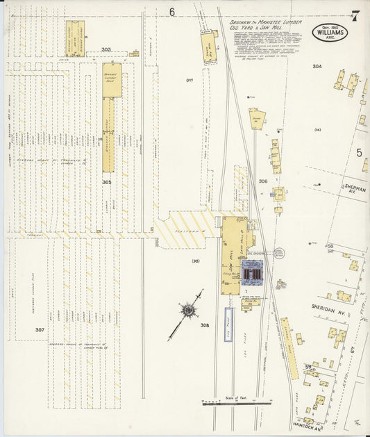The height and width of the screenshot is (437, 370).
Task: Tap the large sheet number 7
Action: click(x=355, y=15)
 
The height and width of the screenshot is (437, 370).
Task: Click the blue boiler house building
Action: click(x=253, y=274)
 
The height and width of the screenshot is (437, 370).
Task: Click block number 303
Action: click(x=106, y=49)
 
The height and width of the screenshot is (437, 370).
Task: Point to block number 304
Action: click(x=317, y=66)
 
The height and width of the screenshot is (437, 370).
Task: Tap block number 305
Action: click(x=106, y=182)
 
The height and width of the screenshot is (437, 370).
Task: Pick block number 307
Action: click(x=40, y=329)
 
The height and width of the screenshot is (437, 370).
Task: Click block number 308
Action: click(x=205, y=324)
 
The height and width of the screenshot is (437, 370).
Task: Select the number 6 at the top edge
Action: click(x=171, y=12)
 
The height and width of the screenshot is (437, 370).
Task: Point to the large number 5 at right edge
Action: click(x=359, y=152)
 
